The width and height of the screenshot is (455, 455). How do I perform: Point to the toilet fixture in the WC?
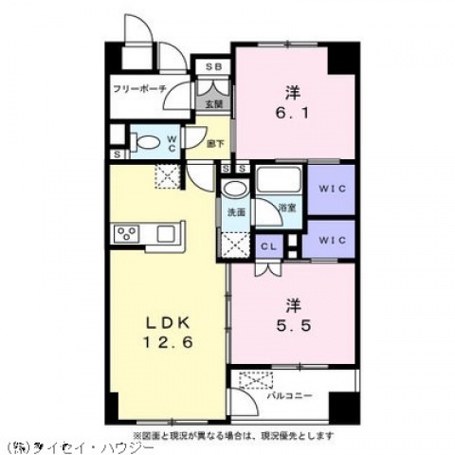(148, 143)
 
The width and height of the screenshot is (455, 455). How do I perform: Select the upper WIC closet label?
(331, 189)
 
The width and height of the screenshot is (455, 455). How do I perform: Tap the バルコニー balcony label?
(295, 395)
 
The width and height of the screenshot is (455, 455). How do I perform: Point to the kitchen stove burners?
(127, 233)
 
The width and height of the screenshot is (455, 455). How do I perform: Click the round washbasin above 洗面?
(232, 188)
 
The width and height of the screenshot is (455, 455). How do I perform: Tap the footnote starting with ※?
(233, 433)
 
